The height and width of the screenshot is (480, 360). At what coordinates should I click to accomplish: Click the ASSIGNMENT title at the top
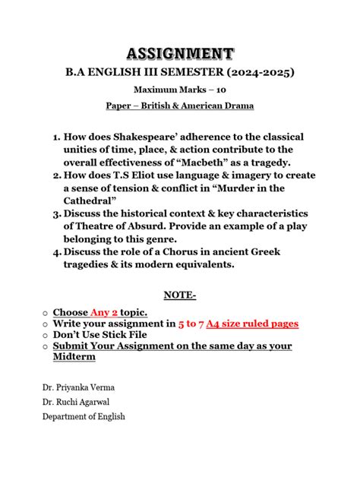click(x=180, y=52)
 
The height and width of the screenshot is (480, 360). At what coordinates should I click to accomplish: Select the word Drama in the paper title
click(x=233, y=108)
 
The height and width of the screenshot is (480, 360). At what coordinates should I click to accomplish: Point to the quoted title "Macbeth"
click(x=242, y=163)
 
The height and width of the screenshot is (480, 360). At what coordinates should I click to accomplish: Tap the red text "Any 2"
click(x=105, y=311)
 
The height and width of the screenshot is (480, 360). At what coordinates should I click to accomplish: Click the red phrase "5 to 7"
click(x=194, y=324)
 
